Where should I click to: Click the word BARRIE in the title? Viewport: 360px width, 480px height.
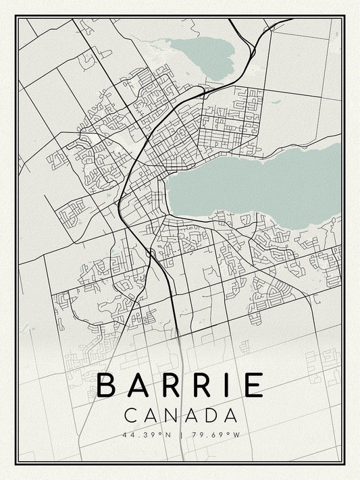pos(180,385)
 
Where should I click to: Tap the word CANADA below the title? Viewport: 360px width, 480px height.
pos(180,414)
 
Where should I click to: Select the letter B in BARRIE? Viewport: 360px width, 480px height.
pos(110,385)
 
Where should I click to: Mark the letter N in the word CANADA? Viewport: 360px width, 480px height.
pos(169,414)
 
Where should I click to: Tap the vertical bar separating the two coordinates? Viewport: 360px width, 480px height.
pos(179,433)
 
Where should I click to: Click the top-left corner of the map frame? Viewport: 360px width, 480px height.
pos(16,16)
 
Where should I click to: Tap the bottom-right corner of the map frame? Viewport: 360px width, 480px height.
pos(344,463)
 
